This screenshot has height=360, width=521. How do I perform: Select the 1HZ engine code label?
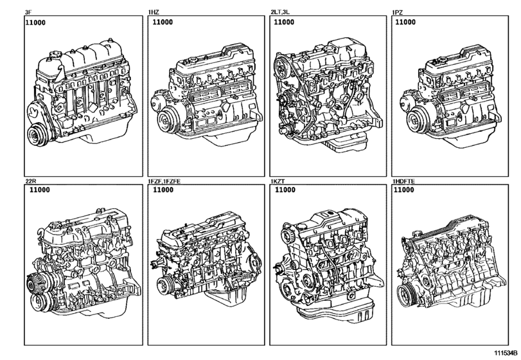pyautogui.click(x=154, y=13)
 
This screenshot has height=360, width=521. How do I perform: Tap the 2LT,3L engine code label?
pyautogui.click(x=280, y=12)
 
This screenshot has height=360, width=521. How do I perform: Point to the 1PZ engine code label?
pyautogui.click(x=398, y=13)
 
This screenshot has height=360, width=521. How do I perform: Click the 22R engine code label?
pyautogui.click(x=31, y=181)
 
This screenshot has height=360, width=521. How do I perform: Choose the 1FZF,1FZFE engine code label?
pyautogui.click(x=164, y=181)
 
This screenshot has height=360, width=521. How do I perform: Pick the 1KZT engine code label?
pyautogui.click(x=278, y=181)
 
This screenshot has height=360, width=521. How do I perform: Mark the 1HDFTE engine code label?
pyautogui.click(x=403, y=181)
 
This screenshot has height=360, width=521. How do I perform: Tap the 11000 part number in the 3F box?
pyautogui.click(x=35, y=23)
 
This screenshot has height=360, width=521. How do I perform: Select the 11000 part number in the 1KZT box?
pyautogui.click(x=285, y=190)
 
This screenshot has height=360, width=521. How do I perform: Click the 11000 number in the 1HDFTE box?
pyautogui.click(x=403, y=190)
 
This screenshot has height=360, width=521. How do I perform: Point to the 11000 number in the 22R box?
pyautogui.click(x=40, y=190)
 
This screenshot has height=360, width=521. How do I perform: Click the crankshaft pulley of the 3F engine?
pyautogui.click(x=37, y=134)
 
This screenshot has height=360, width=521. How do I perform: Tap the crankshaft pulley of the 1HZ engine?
pyautogui.click(x=167, y=120)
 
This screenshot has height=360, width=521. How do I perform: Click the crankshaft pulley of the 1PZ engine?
pyautogui.click(x=417, y=120)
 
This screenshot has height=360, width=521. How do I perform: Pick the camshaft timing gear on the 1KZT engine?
pyautogui.click(x=287, y=233)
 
